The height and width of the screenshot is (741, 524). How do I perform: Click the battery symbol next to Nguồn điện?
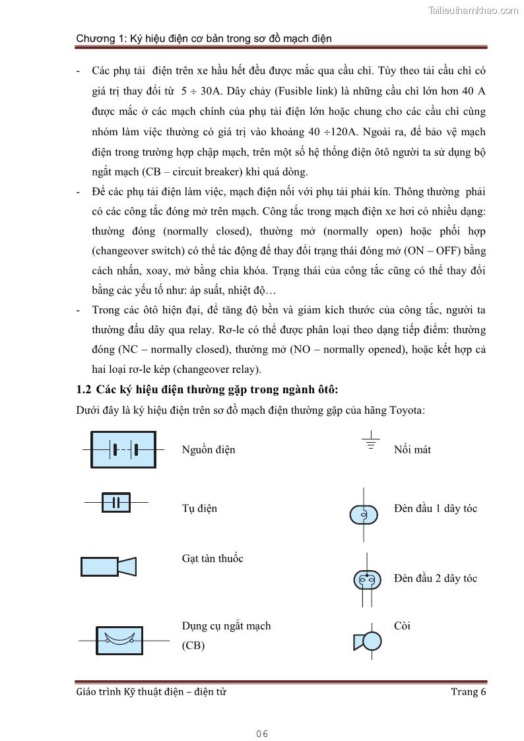[123, 449]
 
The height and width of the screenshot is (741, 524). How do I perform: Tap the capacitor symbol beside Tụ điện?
[116, 503]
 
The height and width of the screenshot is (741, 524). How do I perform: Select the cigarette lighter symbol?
[108, 566]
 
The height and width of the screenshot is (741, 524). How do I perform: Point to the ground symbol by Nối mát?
[372, 442]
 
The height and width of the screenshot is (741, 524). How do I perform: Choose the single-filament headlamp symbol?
[363, 515]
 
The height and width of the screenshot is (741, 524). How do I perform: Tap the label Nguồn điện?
[209, 450]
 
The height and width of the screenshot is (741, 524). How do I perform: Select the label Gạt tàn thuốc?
[213, 559]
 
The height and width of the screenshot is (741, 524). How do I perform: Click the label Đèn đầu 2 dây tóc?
[435, 579]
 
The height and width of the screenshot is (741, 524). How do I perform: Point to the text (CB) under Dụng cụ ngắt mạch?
[193, 646]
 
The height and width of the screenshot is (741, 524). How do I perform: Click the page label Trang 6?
[468, 692]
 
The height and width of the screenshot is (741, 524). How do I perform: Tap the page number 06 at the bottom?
[262, 734]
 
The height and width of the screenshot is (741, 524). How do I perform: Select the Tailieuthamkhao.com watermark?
[473, 10]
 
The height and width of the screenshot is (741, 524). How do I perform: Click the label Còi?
[402, 626]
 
